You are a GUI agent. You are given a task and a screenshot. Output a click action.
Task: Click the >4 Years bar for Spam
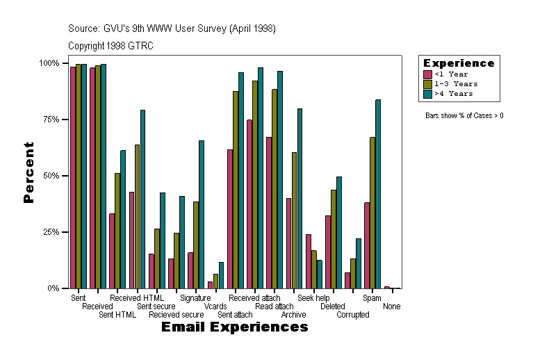378,194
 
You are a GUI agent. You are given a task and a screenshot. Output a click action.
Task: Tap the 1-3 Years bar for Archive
294,220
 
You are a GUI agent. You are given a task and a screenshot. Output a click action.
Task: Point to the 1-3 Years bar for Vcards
215,281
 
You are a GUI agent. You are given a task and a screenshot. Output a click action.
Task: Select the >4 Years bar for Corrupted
359,263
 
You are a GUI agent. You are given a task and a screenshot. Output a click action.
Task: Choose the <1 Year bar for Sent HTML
112,251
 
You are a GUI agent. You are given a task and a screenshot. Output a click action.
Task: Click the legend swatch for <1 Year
428,74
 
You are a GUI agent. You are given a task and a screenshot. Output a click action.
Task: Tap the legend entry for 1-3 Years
456,84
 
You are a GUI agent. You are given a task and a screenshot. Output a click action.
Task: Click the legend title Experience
459,63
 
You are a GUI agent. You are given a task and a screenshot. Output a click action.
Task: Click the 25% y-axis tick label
49,232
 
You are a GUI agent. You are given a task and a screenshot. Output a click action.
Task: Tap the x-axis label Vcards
215,306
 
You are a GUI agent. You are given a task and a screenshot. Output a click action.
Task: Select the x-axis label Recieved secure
177,315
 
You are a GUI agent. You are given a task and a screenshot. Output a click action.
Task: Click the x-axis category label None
391,306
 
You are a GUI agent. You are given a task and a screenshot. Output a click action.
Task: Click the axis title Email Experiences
234,327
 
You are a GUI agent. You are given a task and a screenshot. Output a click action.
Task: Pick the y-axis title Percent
28,172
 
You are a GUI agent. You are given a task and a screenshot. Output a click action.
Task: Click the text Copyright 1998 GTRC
110,46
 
